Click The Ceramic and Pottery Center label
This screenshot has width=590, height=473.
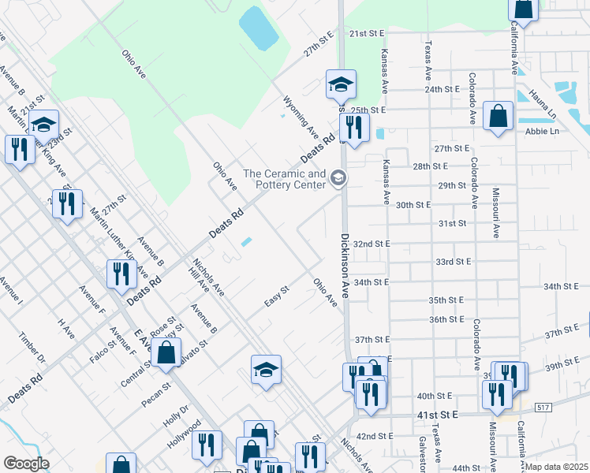[x=284, y=179]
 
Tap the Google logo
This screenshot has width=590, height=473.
[x=26, y=464]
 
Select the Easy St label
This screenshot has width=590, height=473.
[x=277, y=297]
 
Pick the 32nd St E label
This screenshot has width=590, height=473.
[x=372, y=244]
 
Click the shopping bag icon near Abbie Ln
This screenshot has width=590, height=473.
[x=499, y=117]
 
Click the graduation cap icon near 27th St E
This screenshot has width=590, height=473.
[x=341, y=84]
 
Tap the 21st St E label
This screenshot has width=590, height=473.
[x=366, y=34]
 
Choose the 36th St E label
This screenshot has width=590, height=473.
[x=446, y=319]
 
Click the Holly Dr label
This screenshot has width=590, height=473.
[x=179, y=415]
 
